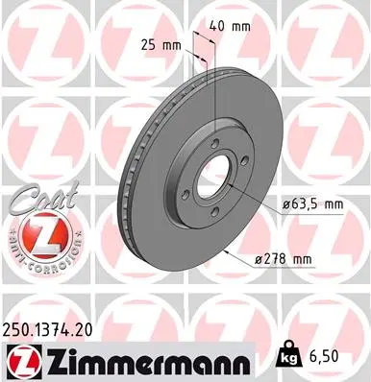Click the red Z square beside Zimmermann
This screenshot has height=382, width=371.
point(17,358)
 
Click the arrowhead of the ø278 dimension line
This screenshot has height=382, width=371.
point(226,251)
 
